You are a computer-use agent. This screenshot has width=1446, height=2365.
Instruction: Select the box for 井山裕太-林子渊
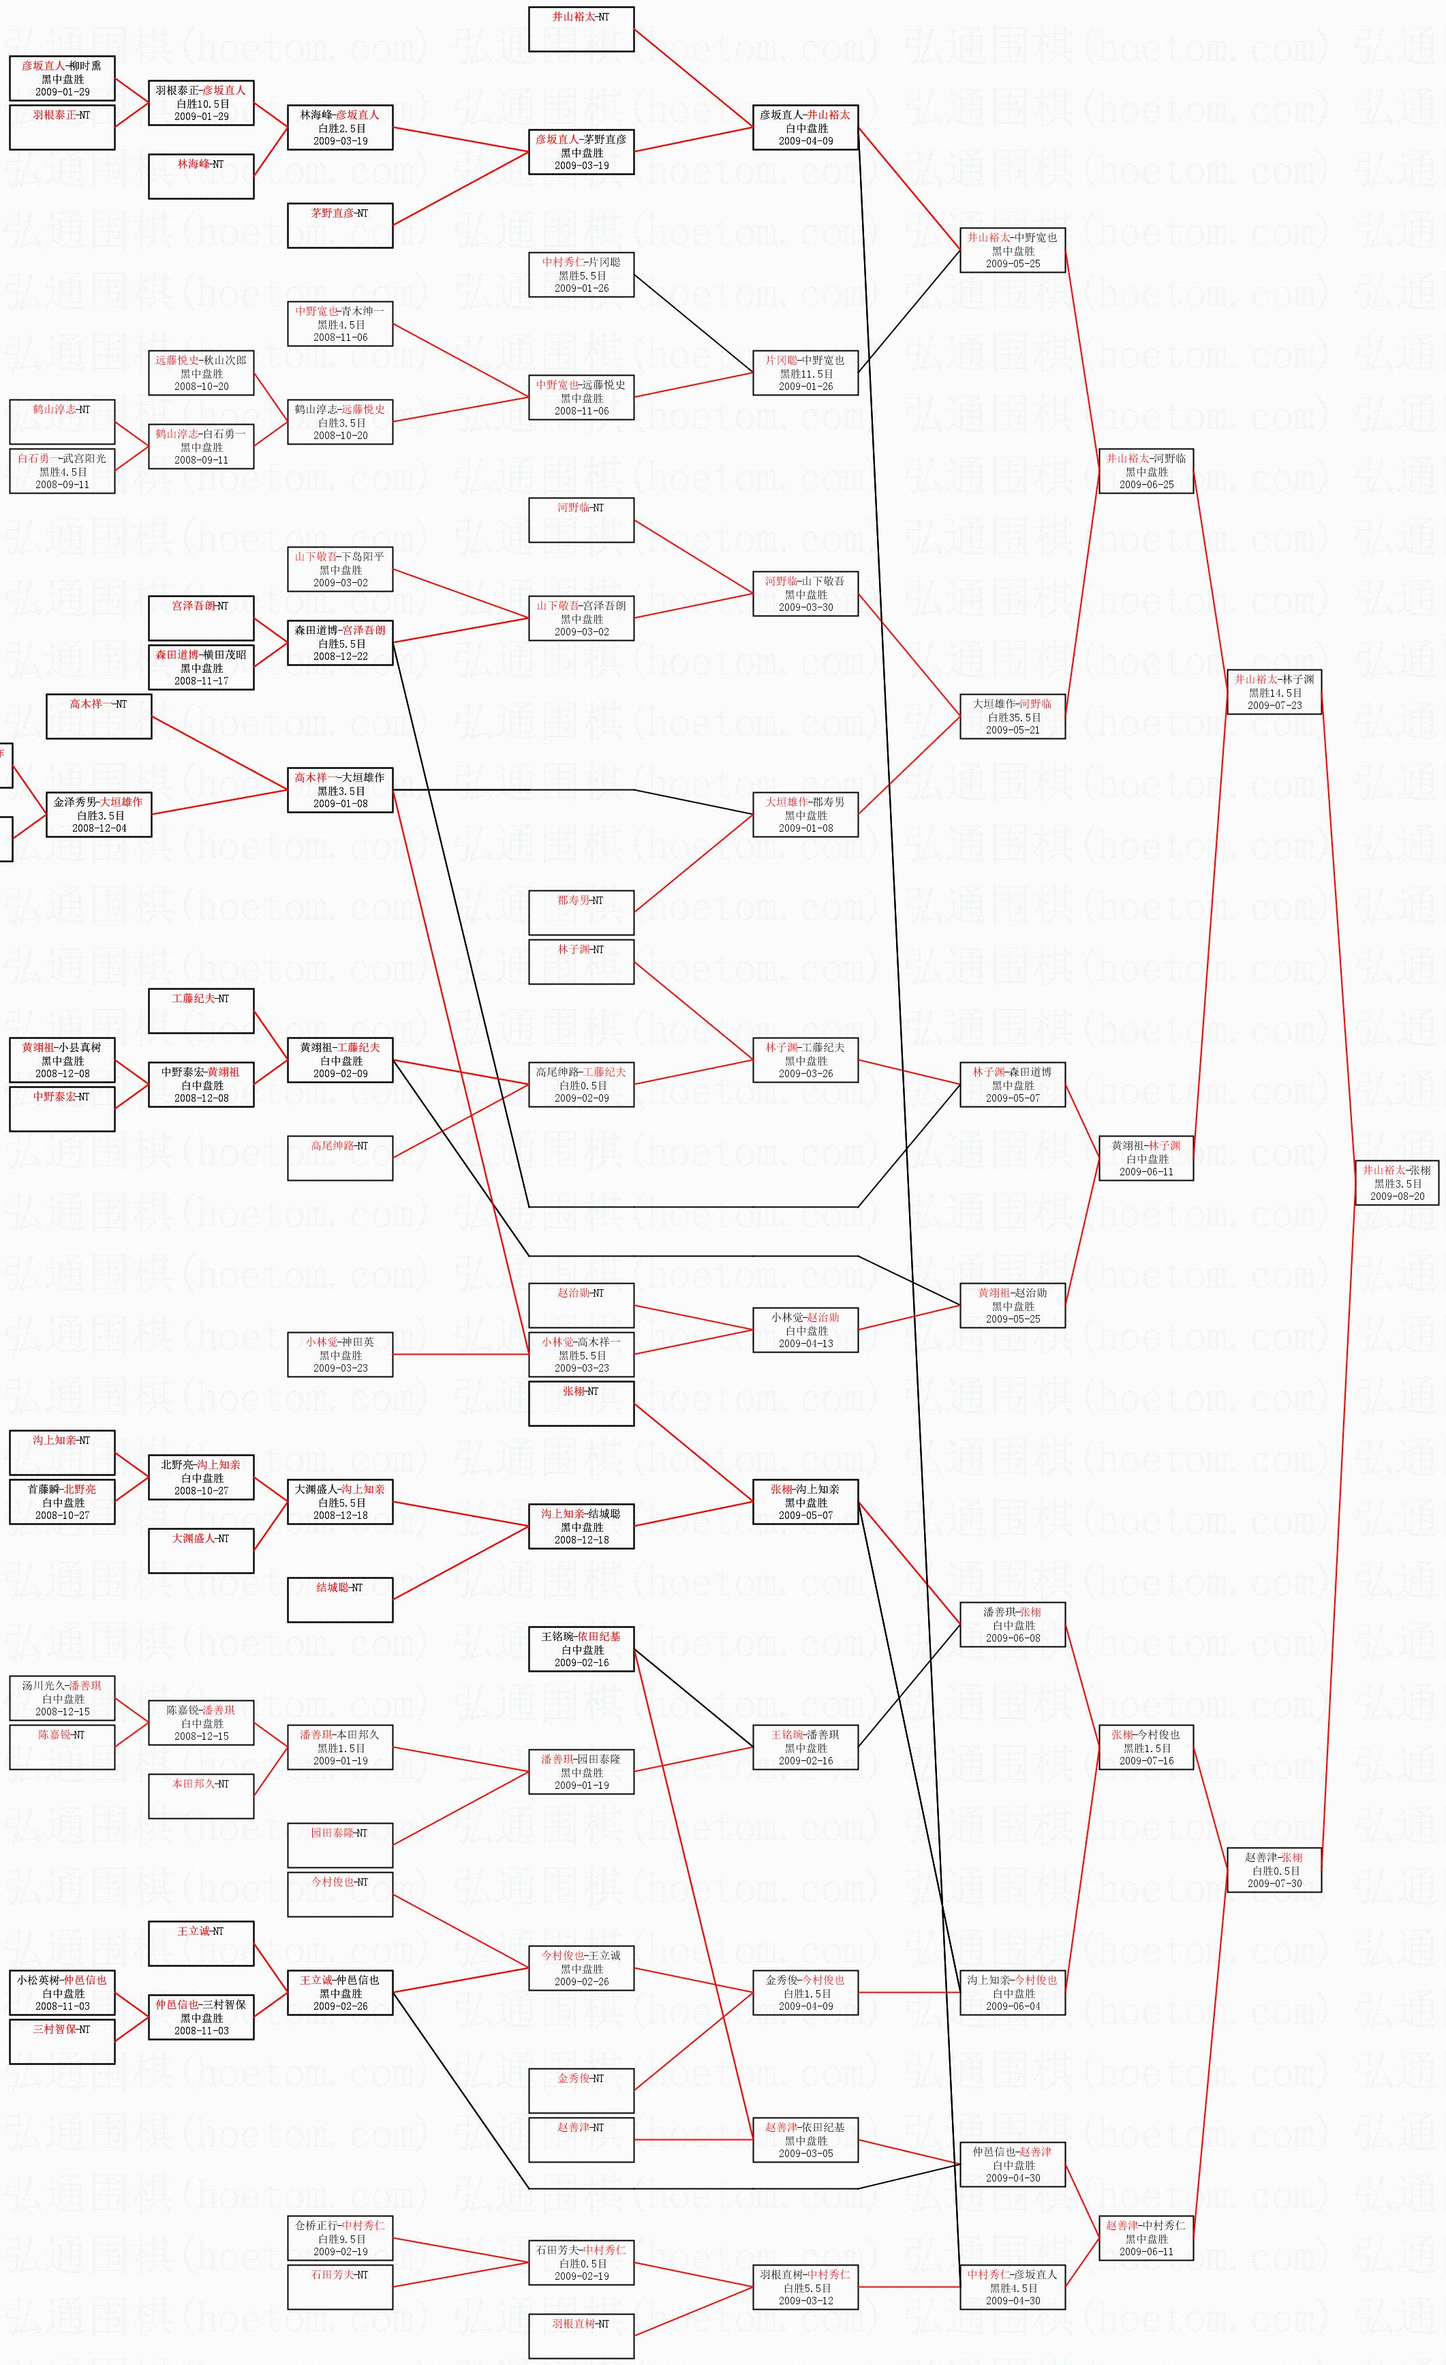pyautogui.click(x=1274, y=692)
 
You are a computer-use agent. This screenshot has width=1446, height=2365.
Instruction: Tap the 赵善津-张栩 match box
pyautogui.click(x=1274, y=1870)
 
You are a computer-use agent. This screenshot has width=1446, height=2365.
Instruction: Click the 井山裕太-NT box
pyautogui.click(x=581, y=29)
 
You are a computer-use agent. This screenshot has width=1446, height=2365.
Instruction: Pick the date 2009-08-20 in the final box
pyautogui.click(x=1396, y=1196)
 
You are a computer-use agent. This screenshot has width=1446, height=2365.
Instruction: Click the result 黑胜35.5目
pyautogui.click(x=1013, y=717)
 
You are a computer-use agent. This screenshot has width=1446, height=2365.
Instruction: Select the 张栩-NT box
pyautogui.click(x=581, y=1403)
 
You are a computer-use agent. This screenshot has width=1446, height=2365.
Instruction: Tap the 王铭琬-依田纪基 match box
pyautogui.click(x=581, y=1649)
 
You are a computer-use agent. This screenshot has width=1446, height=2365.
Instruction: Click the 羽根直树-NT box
pyautogui.click(x=581, y=2336)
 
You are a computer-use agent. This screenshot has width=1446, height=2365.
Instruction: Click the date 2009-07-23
pyautogui.click(x=1274, y=706)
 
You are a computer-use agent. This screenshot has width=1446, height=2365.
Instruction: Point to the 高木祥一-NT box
pyautogui.click(x=99, y=716)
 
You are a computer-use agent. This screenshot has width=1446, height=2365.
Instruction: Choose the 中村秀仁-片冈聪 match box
pyautogui.click(x=581, y=275)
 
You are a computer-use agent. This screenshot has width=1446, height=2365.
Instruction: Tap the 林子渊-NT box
pyautogui.click(x=581, y=962)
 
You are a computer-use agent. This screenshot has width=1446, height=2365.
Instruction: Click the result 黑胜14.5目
pyautogui.click(x=1274, y=693)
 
